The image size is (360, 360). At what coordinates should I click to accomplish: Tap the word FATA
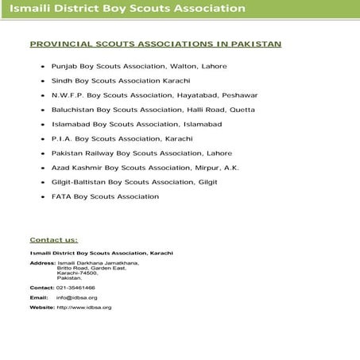click(61, 196)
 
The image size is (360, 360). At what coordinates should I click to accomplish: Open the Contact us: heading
click(53, 239)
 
